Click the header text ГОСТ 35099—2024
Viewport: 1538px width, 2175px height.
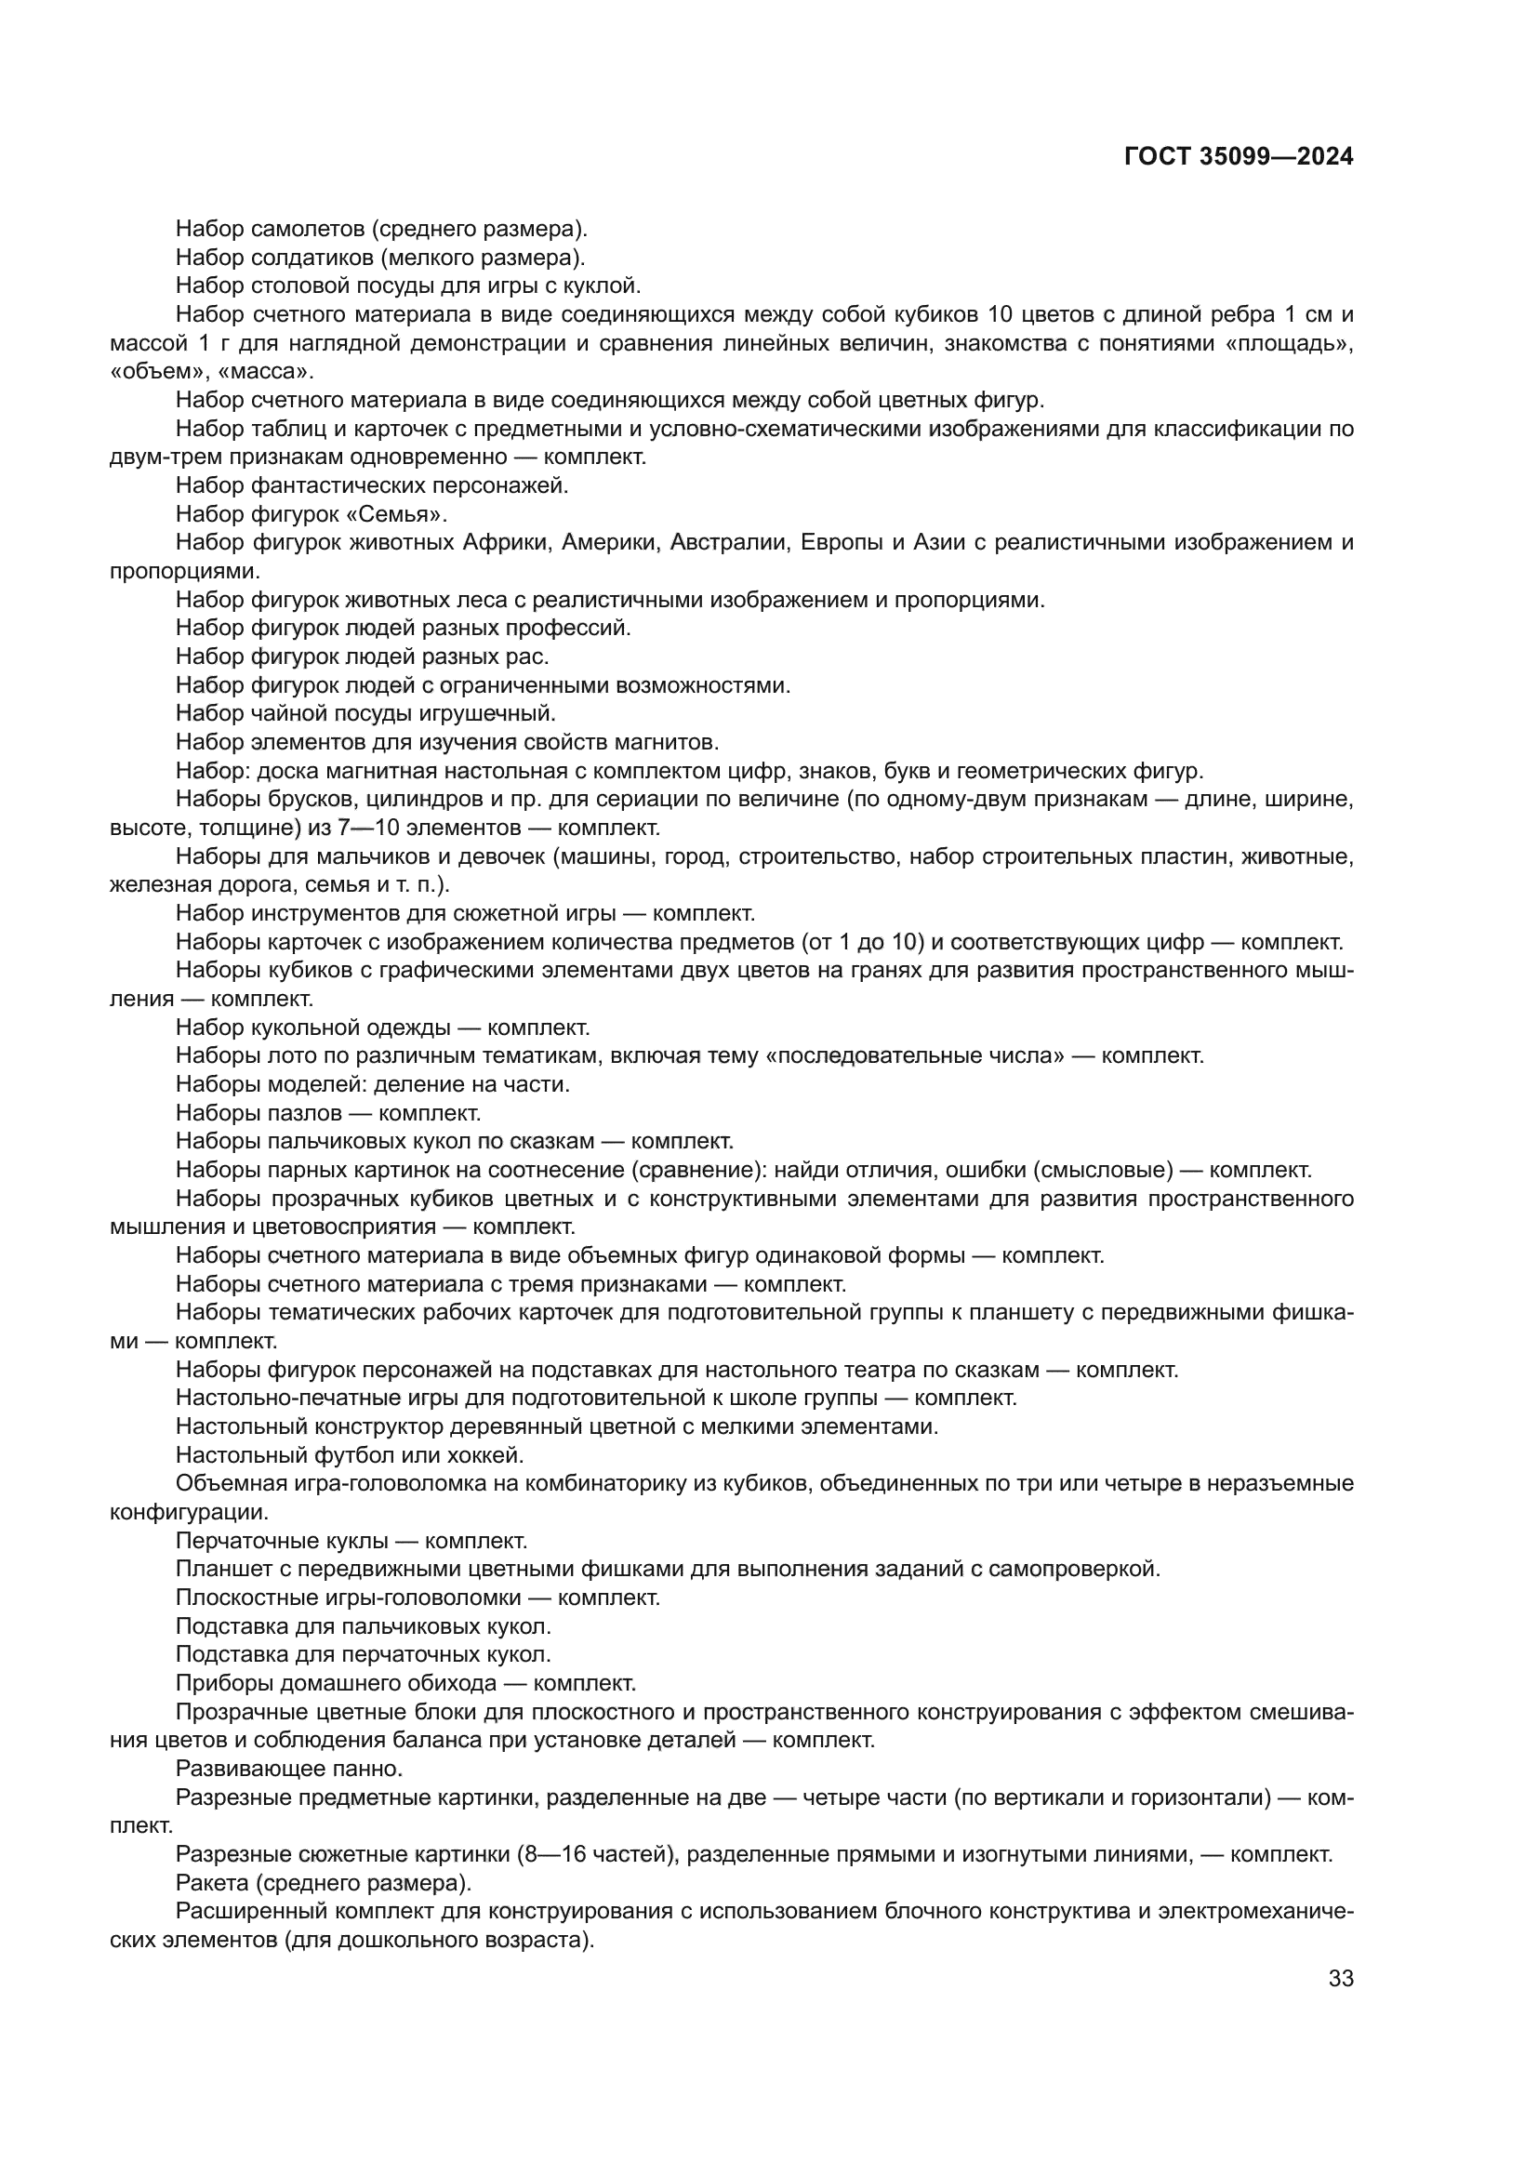1238,157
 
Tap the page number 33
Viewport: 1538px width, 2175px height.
1340,1978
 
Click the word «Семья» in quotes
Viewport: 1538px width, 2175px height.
413,514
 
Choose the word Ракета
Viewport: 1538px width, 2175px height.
211,1881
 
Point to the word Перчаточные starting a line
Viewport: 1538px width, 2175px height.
237,1540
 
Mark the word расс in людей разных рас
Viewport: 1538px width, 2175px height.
531,656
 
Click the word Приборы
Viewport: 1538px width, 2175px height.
217,1683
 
